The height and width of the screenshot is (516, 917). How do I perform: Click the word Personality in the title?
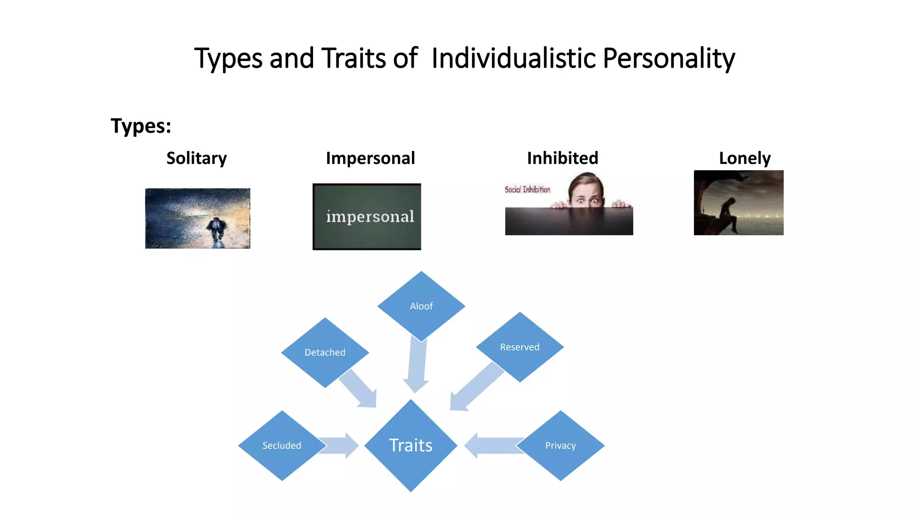tap(668, 59)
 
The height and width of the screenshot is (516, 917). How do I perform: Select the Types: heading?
tap(141, 126)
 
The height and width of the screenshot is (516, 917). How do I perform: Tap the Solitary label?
tap(197, 158)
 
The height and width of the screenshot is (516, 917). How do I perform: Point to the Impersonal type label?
tap(370, 158)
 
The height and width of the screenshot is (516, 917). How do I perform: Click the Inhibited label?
tap(562, 158)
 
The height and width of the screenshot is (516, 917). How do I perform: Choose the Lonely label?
tap(745, 158)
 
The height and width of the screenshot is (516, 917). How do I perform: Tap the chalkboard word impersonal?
tap(370, 217)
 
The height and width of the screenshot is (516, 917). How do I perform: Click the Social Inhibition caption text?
tap(527, 189)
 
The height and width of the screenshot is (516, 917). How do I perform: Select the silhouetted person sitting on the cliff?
tap(729, 213)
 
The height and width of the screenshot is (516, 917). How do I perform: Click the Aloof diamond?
tap(421, 306)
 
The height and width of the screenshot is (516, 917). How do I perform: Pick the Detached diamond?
tap(325, 353)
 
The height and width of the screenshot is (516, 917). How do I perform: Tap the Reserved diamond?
tap(520, 347)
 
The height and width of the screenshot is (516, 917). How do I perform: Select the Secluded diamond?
tap(282, 446)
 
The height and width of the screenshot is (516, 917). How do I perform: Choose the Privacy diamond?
tap(561, 446)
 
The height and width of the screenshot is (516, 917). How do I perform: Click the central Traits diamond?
tap(411, 446)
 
